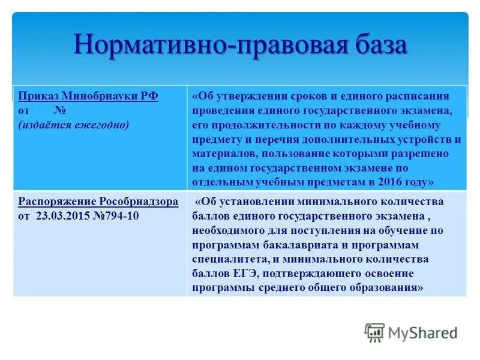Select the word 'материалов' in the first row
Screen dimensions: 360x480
point(220,153)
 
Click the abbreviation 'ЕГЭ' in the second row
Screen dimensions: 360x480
point(235,273)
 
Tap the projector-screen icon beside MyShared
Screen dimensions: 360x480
point(374,332)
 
